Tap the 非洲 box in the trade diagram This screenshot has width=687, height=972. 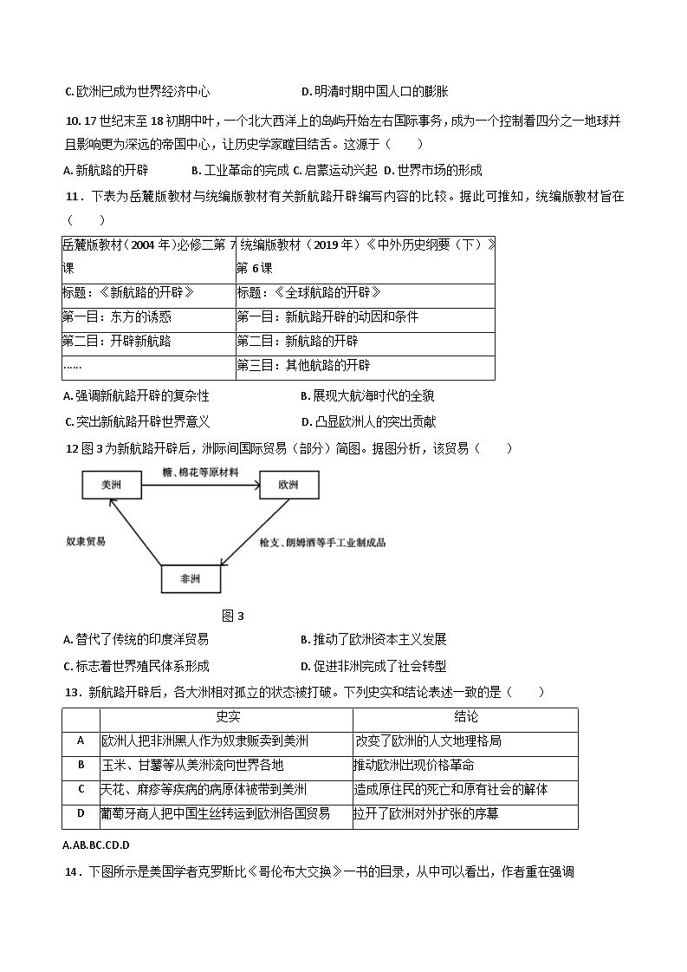tap(191, 578)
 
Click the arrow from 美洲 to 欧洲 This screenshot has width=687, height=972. tap(200, 485)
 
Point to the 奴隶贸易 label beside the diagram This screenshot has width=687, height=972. tap(87, 541)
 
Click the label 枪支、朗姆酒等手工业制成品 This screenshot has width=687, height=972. tap(322, 542)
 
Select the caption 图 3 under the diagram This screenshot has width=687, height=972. tap(233, 616)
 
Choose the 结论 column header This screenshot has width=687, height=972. tap(465, 717)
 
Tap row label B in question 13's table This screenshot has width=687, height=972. tap(81, 765)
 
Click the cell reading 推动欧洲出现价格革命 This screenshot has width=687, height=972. tap(414, 765)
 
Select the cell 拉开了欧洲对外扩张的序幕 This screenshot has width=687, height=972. tap(425, 813)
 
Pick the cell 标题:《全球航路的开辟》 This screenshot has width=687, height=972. tap(309, 293)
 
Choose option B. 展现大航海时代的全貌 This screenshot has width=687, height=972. tap(367, 396)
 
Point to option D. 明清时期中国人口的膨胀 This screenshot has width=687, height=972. tap(374, 91)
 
